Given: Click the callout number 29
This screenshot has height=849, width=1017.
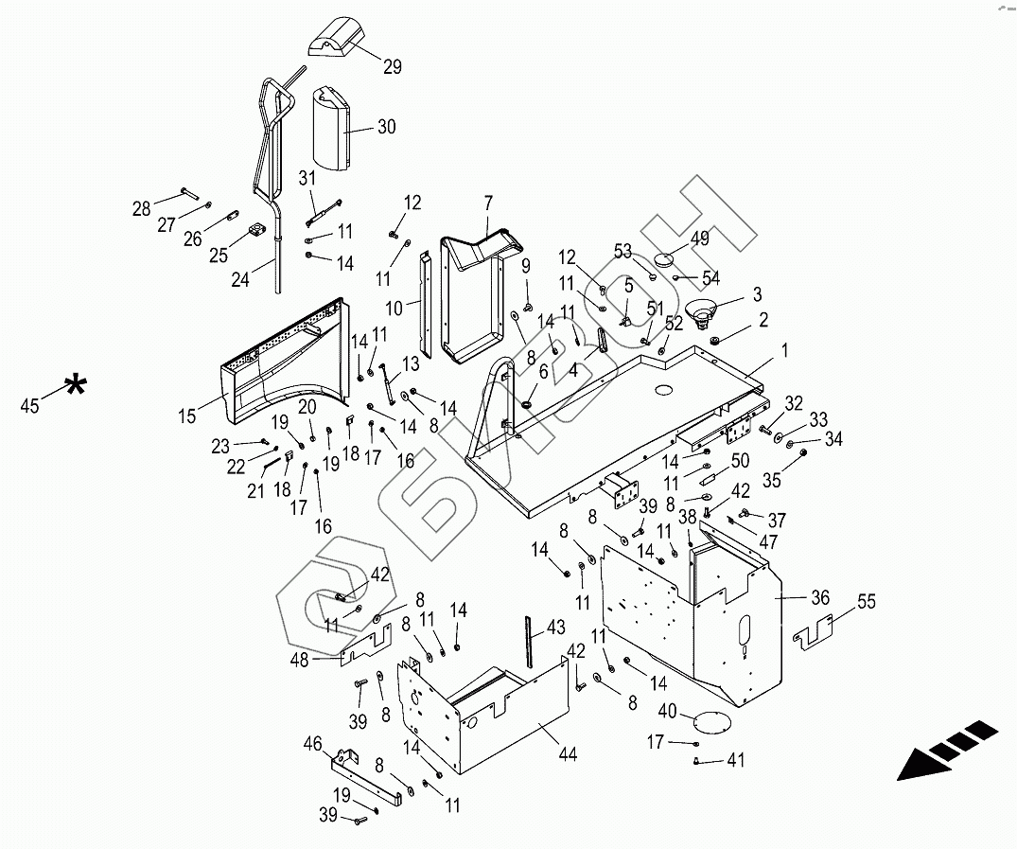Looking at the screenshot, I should coord(392,66).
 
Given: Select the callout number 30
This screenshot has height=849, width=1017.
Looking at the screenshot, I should coord(387,128).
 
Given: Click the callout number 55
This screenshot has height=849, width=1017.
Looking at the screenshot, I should coord(867,601).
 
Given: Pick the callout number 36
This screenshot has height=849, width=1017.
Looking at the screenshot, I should coord(819,597).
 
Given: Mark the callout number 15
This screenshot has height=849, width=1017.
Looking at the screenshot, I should coord(186,416).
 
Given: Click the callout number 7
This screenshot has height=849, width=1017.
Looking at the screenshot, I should coord(488,203).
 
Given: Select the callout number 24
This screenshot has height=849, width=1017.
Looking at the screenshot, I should coord(242,280).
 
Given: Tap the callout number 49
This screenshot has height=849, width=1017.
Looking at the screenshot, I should coord(699,239).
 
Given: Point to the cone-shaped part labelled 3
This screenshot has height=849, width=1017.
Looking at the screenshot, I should coord(703,310).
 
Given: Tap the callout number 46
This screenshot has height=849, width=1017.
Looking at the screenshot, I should coord(311,746).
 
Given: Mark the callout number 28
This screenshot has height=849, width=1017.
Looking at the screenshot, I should coord(142,208).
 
